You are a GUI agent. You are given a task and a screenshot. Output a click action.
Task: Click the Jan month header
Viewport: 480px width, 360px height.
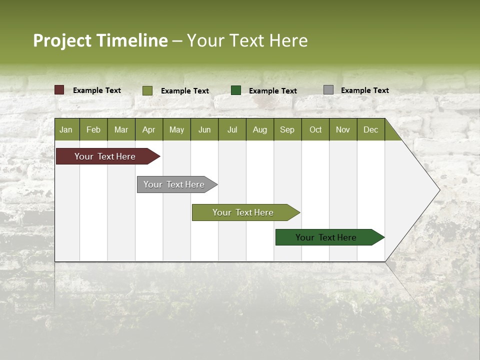66,129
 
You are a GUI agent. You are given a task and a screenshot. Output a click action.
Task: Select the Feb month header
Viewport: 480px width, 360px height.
93,129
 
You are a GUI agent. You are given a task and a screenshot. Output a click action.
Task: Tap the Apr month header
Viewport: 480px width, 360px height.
148,129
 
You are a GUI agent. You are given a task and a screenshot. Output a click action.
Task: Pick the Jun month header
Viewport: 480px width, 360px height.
204,129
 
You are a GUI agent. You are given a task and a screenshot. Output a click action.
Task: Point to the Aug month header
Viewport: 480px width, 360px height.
259,129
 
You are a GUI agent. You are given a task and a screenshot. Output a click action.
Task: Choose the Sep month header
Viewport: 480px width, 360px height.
287,129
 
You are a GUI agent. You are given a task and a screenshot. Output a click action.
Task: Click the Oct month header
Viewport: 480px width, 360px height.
315,129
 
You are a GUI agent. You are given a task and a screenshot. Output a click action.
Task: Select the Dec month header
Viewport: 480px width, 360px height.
370,129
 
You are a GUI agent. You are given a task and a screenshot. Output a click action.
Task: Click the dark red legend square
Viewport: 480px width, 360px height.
59,90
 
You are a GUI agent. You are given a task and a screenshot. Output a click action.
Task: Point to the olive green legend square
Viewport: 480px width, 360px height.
147,90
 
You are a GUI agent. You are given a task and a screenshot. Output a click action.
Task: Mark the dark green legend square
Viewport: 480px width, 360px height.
236,90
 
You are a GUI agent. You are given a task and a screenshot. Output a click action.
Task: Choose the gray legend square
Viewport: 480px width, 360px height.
328,90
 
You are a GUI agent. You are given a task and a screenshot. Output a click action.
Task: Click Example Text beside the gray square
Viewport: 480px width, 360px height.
364,90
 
